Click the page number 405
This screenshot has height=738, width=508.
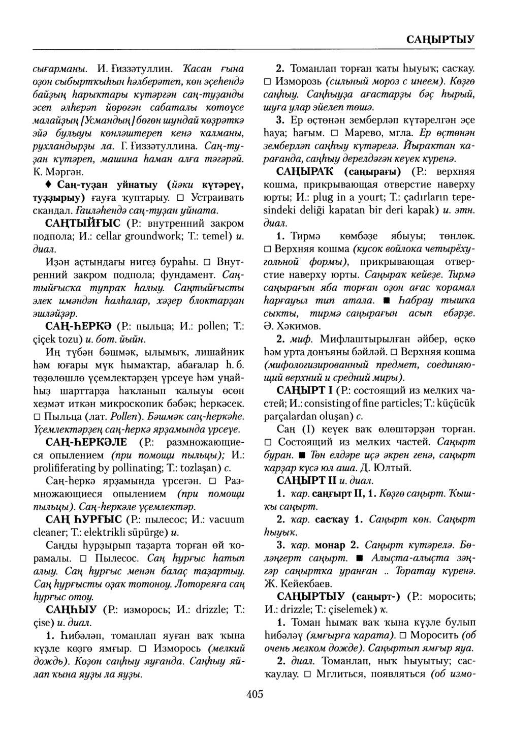click(254, 694)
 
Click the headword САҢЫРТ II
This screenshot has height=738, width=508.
click(305, 480)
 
